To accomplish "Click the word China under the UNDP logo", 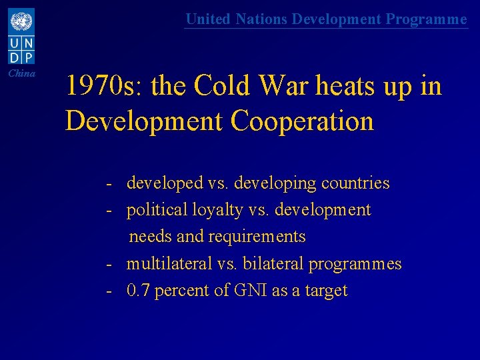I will [22, 73].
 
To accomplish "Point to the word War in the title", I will [305, 86].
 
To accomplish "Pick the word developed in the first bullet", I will [165, 183].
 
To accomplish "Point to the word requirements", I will [257, 237].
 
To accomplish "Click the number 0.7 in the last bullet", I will [138, 291].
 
